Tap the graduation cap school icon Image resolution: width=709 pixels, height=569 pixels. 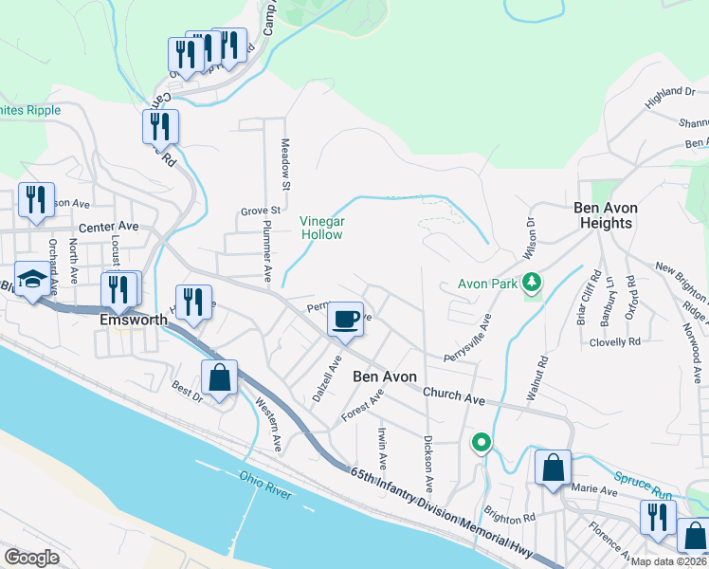(32, 280)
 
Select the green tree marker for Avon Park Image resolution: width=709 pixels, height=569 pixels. (532, 282)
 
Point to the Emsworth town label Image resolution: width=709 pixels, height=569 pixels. (134, 320)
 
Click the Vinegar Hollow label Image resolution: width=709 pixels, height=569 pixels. (321, 228)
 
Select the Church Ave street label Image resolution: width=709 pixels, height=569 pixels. (448, 392)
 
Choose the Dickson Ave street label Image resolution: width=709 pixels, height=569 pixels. (428, 464)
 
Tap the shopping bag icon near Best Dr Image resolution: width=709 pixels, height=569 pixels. (219, 377)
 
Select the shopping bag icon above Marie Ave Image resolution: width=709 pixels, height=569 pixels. (553, 467)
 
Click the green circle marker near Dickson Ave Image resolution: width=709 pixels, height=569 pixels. (482, 443)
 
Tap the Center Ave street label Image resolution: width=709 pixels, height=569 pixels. (109, 228)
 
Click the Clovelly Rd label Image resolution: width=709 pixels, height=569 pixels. (616, 341)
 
